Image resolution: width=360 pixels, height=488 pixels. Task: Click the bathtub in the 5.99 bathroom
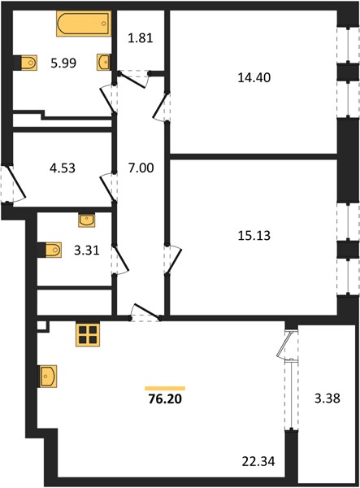84,24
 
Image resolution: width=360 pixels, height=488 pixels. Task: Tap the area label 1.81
141,38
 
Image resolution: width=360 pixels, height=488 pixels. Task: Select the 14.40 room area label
254,77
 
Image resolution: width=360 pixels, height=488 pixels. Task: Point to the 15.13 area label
254,235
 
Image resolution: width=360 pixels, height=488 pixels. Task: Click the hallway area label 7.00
141,168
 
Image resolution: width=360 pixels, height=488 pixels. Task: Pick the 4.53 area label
63,168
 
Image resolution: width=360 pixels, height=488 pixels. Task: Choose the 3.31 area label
87,250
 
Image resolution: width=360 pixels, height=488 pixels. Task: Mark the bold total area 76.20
165,399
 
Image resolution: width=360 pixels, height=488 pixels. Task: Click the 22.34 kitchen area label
258,461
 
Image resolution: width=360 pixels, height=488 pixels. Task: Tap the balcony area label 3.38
327,398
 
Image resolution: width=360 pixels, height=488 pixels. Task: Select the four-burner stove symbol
88,334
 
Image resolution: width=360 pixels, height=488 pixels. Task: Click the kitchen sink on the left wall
48,377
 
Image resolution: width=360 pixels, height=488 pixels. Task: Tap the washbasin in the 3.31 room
87,220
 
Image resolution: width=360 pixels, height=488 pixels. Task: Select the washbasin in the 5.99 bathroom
103,63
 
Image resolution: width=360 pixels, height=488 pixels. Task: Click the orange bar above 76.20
165,388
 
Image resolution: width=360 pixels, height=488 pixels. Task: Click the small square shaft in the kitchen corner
41,326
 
